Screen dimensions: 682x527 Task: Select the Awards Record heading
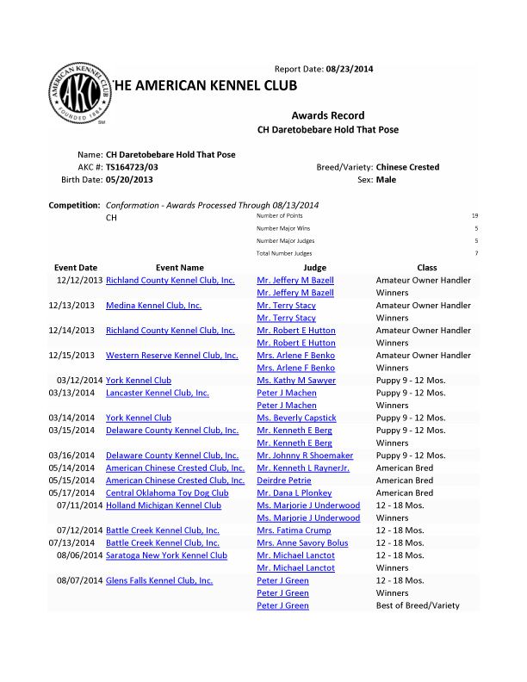pos(327,115)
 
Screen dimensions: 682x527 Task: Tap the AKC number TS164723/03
pos(132,167)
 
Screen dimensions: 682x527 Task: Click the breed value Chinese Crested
pos(407,167)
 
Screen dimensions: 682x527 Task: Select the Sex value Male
pos(386,180)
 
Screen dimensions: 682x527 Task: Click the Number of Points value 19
pos(474,215)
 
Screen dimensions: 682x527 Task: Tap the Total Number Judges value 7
pos(475,253)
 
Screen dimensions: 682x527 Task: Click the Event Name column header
pos(180,268)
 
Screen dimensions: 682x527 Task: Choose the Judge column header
pos(315,268)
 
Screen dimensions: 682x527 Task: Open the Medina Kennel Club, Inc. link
pos(153,306)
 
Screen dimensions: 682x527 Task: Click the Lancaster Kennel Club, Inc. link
pos(157,393)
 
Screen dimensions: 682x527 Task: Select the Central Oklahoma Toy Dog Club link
pos(167,493)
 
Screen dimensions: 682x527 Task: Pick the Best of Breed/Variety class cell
pos(418,605)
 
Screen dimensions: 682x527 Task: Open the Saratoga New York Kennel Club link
pos(166,555)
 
